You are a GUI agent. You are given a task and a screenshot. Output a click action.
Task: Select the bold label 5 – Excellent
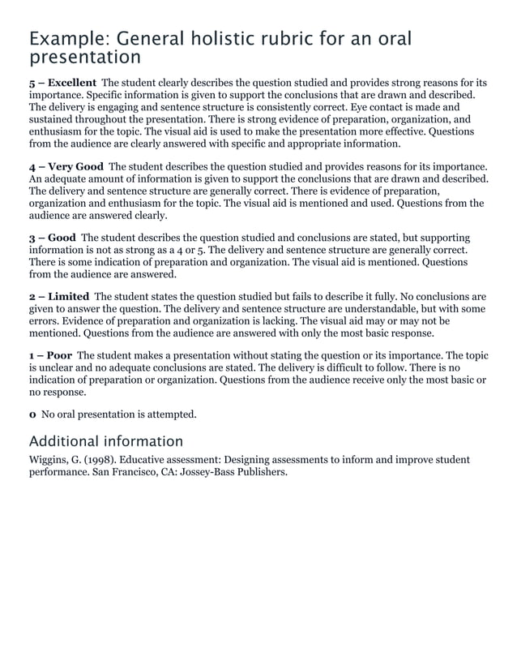click(x=62, y=83)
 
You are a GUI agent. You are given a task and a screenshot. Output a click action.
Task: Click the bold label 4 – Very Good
click(x=66, y=166)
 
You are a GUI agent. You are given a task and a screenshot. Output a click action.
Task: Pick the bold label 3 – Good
click(x=52, y=238)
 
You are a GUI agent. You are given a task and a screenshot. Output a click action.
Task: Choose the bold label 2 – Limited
click(x=58, y=296)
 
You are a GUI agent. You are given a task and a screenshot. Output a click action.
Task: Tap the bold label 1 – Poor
click(x=50, y=355)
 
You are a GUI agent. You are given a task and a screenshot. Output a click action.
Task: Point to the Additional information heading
click(x=105, y=441)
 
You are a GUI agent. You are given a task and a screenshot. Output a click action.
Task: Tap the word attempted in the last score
click(x=168, y=414)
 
